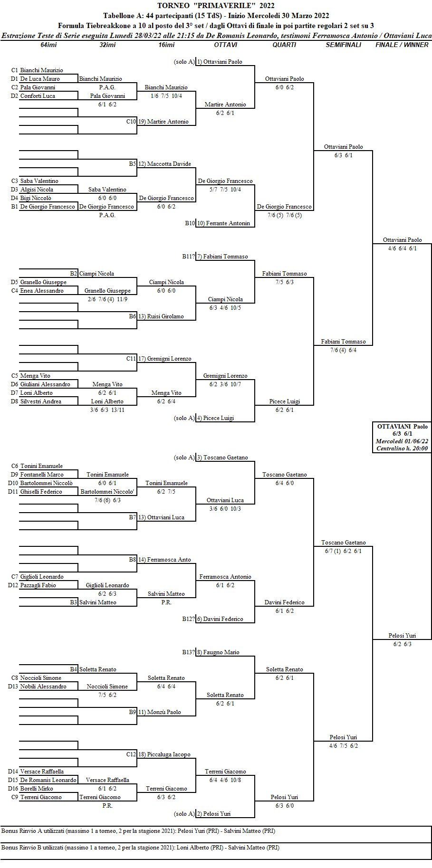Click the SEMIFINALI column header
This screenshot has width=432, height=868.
pyautogui.click(x=343, y=45)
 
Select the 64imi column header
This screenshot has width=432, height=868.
pyautogui.click(x=49, y=45)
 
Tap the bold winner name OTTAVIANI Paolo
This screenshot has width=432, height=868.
pyautogui.click(x=402, y=426)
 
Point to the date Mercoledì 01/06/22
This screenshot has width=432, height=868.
pyautogui.click(x=402, y=440)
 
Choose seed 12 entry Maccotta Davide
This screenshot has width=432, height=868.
pyautogui.click(x=168, y=164)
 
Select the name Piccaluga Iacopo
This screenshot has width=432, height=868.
pyautogui.click(x=168, y=754)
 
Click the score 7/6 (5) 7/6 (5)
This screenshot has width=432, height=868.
pyautogui.click(x=284, y=215)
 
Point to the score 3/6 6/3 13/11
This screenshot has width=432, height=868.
pyautogui.click(x=107, y=410)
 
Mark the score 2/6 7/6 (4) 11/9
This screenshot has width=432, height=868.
pyautogui.click(x=107, y=299)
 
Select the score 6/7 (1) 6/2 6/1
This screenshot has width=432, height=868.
pyautogui.click(x=343, y=551)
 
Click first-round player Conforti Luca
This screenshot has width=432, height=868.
pyautogui.click(x=38, y=96)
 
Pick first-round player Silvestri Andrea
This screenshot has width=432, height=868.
pyautogui.click(x=40, y=401)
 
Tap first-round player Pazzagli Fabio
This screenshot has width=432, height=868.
pyautogui.click(x=38, y=585)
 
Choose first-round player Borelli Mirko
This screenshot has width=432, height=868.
pyautogui.click(x=37, y=789)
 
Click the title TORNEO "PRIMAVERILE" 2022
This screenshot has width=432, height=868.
pyautogui.click(x=216, y=6)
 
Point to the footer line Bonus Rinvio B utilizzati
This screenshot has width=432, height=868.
pyautogui.click(x=140, y=847)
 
